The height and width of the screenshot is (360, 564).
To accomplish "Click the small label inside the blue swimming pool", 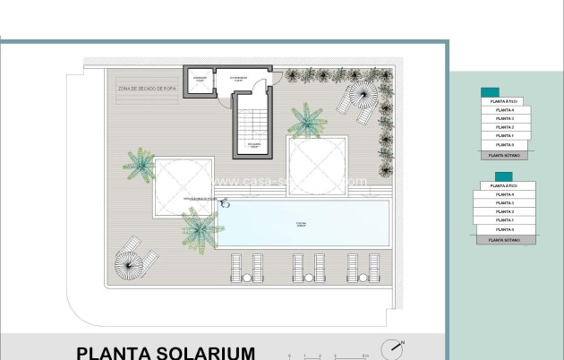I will [x=300, y=224].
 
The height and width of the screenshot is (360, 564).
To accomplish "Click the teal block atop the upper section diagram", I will [x=490, y=92].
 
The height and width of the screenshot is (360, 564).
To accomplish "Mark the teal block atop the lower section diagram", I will [x=503, y=176].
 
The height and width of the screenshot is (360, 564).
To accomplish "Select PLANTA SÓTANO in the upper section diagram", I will [x=504, y=154].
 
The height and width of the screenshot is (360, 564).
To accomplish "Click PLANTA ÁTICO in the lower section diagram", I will [x=503, y=186].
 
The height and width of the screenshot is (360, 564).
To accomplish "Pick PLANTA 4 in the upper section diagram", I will [x=504, y=111].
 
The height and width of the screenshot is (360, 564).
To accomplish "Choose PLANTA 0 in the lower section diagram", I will [x=504, y=229].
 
